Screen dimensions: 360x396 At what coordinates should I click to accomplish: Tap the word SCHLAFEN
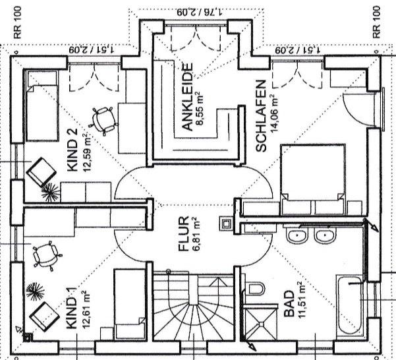[261, 117]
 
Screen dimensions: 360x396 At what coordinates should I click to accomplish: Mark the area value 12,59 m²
[85, 152]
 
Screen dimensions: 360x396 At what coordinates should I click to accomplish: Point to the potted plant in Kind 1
[33, 289]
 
